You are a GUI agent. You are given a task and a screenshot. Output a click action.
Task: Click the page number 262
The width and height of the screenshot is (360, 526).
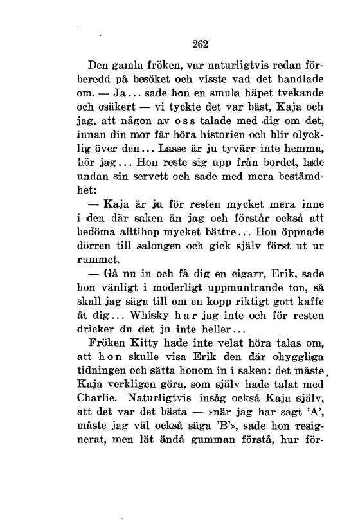202,44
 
